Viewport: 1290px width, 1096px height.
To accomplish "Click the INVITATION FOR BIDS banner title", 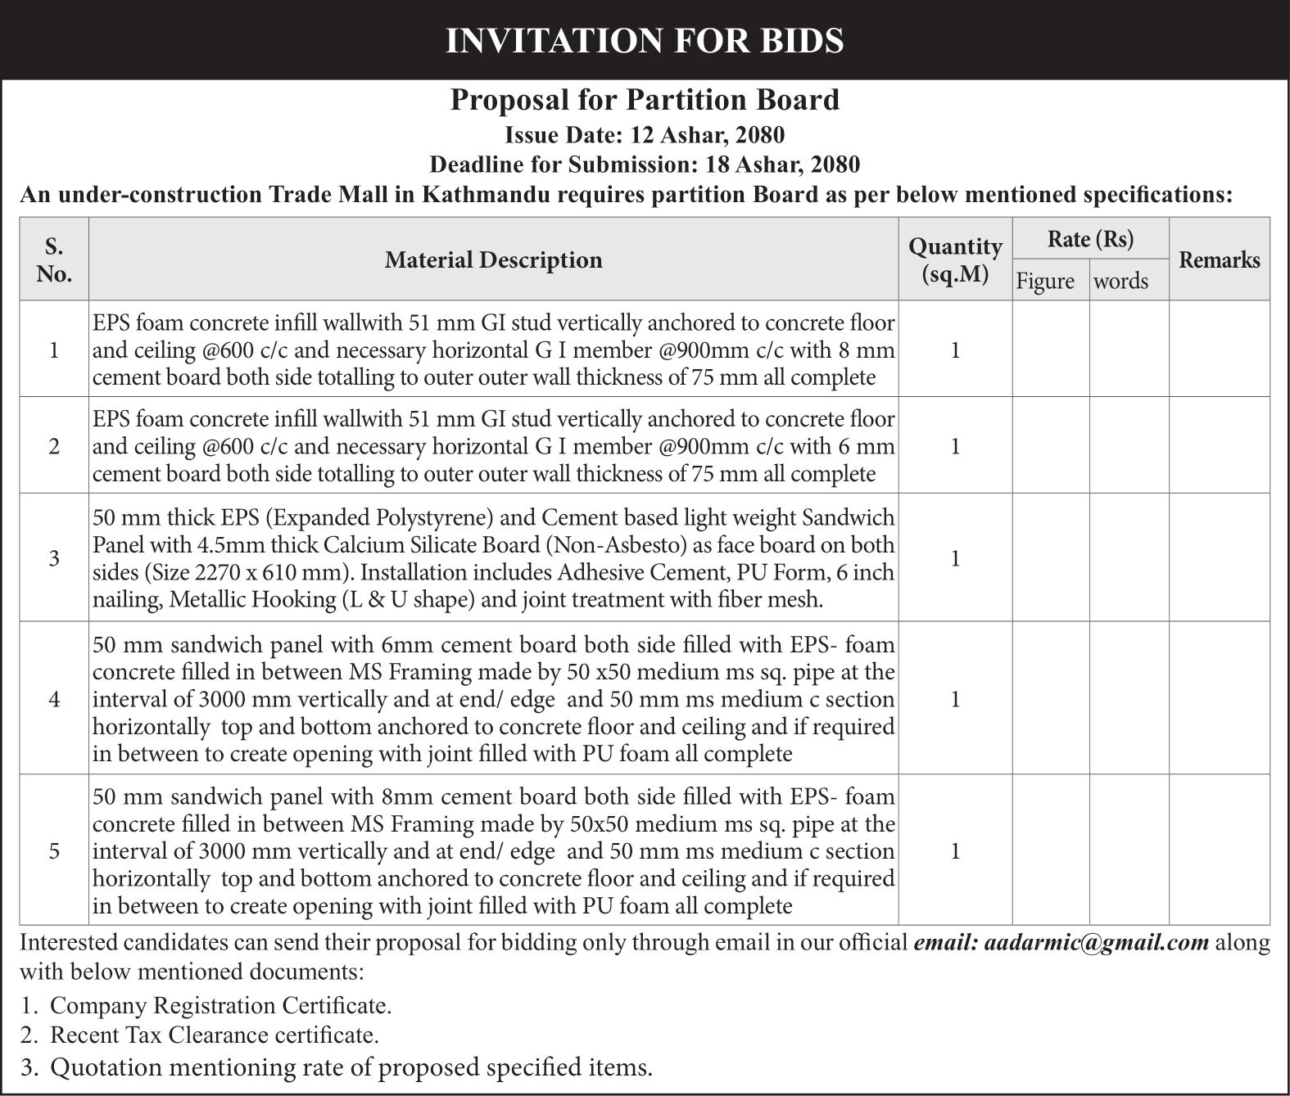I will point(645,40).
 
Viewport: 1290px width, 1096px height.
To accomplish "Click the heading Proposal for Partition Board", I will point(645,100).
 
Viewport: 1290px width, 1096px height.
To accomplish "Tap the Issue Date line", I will point(645,134).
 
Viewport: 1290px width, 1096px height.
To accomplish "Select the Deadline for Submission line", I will point(645,165).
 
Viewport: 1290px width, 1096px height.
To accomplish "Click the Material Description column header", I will point(493,260).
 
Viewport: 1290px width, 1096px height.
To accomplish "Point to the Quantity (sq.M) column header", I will point(955,259).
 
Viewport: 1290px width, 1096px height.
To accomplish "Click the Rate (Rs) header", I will point(1090,239).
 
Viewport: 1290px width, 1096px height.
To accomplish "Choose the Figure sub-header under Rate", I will point(1045,281).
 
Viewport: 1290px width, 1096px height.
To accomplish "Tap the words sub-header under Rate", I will point(1120,281).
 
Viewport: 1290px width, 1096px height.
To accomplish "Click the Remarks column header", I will point(1219,260).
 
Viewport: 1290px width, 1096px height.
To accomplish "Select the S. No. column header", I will point(54,259).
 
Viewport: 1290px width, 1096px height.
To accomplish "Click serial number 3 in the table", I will point(54,558).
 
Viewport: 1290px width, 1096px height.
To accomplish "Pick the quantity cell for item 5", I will point(955,851).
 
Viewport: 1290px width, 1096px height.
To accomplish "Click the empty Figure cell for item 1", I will point(1051,350).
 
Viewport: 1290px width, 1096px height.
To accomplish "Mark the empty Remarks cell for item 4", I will point(1219,699).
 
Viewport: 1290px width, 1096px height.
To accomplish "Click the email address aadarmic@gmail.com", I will point(1097,942).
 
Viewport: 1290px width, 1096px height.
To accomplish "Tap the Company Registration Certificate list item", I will point(220,1005).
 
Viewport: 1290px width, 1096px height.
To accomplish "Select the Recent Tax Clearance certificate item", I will point(214,1035).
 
